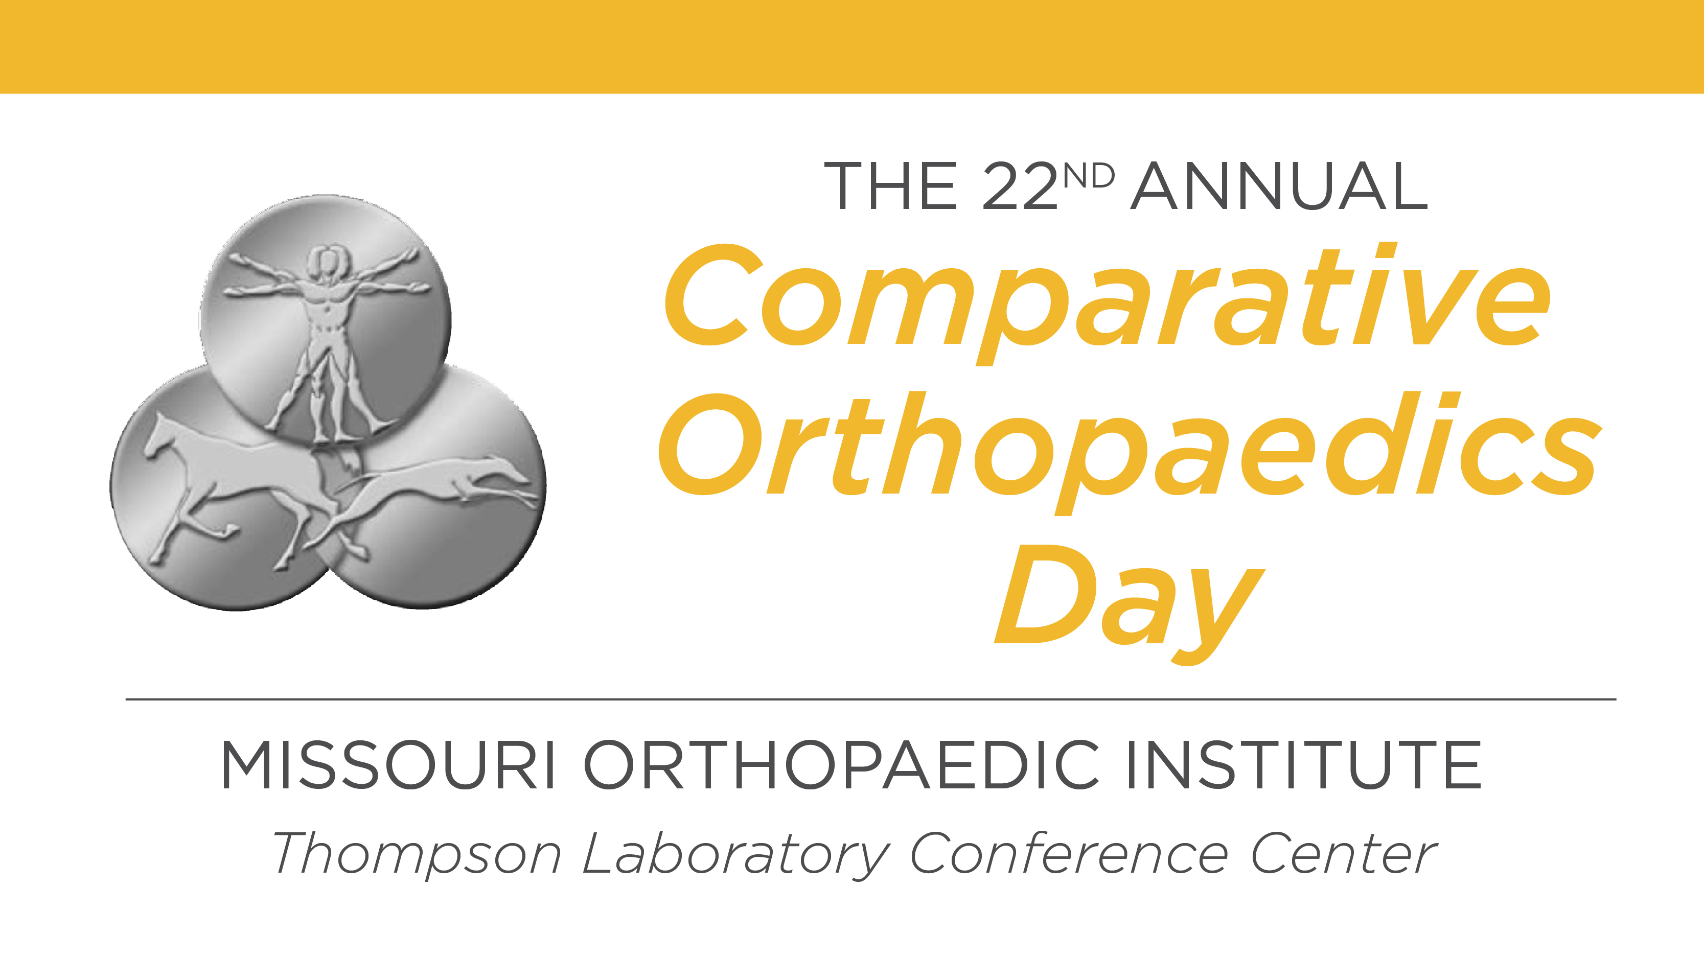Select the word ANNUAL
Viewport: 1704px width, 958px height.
pos(1279,186)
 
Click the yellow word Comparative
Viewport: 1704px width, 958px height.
pos(1108,303)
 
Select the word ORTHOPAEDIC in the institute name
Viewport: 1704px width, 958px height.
pos(841,765)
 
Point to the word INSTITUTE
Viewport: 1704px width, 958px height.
pos(1304,765)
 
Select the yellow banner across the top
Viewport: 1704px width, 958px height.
pos(852,46)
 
